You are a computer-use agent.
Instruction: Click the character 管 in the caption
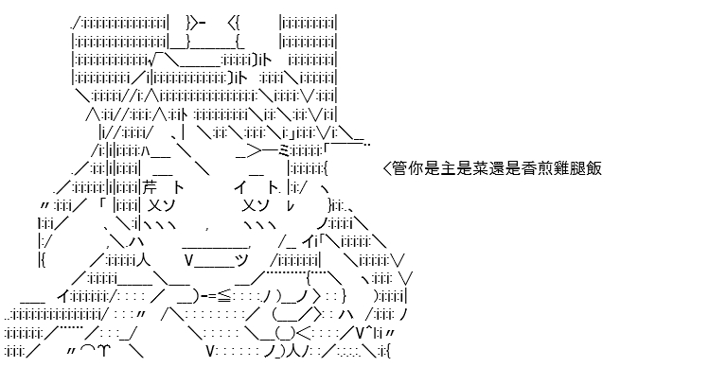pos(399,168)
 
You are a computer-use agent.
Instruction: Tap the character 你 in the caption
pos(416,168)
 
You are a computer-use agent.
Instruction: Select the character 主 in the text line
pos(449,168)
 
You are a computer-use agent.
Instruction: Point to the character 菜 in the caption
pos(481,168)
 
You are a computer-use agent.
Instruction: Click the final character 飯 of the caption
pos(594,168)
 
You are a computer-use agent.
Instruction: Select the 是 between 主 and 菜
pos(465,168)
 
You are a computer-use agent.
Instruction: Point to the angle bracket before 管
pos(387,168)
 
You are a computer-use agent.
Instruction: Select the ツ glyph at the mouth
pos(242,260)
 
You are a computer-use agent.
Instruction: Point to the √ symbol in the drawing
pos(151,60)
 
